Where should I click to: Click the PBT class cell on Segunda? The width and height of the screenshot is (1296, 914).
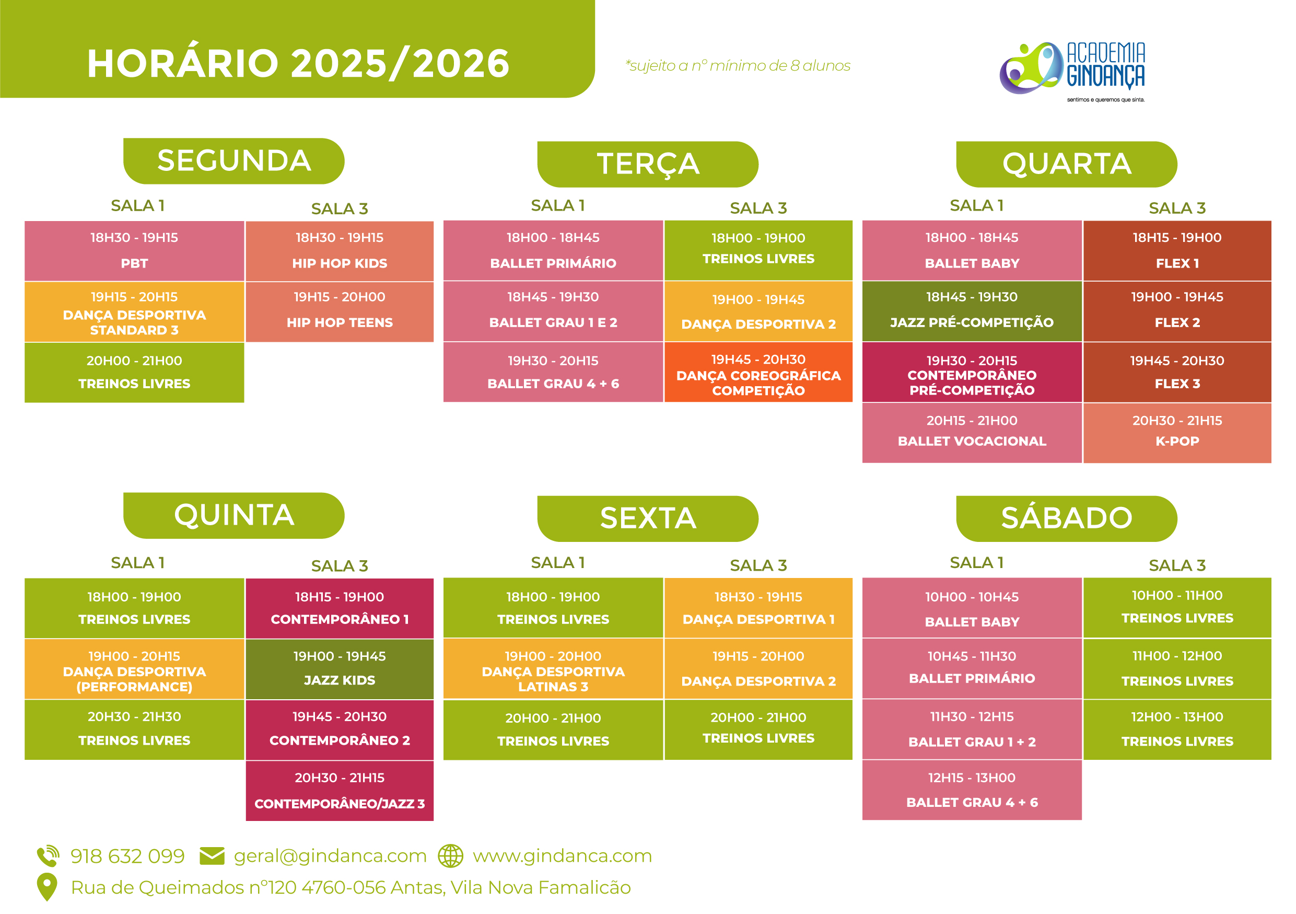point(134,251)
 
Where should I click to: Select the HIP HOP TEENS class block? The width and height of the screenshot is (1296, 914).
point(340,311)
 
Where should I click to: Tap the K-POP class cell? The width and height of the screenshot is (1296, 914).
point(1177,433)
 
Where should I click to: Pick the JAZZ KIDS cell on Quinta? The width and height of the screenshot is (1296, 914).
point(340,669)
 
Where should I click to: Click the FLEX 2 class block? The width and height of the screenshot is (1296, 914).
point(1177,311)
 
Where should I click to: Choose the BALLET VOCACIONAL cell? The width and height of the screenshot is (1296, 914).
point(972,433)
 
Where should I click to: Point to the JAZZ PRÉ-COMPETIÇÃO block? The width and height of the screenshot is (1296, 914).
point(972,311)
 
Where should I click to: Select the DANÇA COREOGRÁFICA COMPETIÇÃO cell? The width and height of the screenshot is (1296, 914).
point(758,373)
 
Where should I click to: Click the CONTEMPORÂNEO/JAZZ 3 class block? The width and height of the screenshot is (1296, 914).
point(340,791)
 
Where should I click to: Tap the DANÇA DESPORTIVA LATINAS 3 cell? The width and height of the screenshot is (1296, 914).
point(553,669)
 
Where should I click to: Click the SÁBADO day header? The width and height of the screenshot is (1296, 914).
point(1067,519)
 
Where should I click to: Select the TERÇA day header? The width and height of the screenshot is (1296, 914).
point(648,164)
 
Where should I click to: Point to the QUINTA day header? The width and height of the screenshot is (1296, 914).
point(233,515)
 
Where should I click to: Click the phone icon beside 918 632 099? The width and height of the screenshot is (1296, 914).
point(48,856)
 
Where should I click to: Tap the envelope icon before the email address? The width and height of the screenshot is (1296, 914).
point(212,856)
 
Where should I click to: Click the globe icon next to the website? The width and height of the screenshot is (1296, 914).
point(450,856)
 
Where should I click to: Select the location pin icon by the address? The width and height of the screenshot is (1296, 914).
point(47,887)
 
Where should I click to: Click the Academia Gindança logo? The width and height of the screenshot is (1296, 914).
point(1072,71)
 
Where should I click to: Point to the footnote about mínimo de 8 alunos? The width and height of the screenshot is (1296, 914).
point(738,66)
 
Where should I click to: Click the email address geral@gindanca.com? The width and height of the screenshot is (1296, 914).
point(330,856)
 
